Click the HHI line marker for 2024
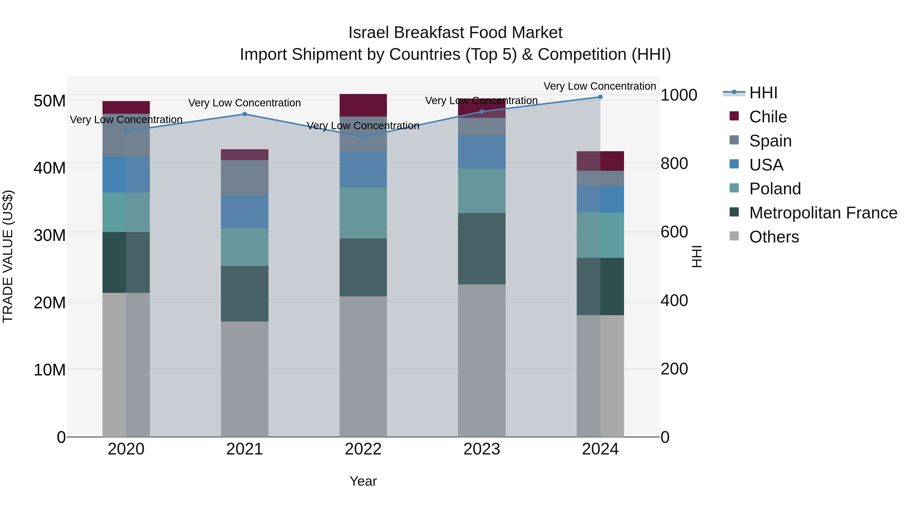(600, 97)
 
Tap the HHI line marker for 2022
(363, 137)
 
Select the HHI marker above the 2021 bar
(244, 114)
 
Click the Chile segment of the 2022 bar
(363, 105)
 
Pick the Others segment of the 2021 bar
(244, 379)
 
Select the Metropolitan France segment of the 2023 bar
(482, 249)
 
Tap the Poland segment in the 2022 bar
(363, 213)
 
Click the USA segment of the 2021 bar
(244, 211)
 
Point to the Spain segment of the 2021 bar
(244, 177)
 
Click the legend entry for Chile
(768, 117)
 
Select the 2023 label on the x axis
(482, 449)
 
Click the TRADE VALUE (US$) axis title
(8, 256)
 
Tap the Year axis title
(363, 481)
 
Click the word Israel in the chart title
(369, 33)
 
